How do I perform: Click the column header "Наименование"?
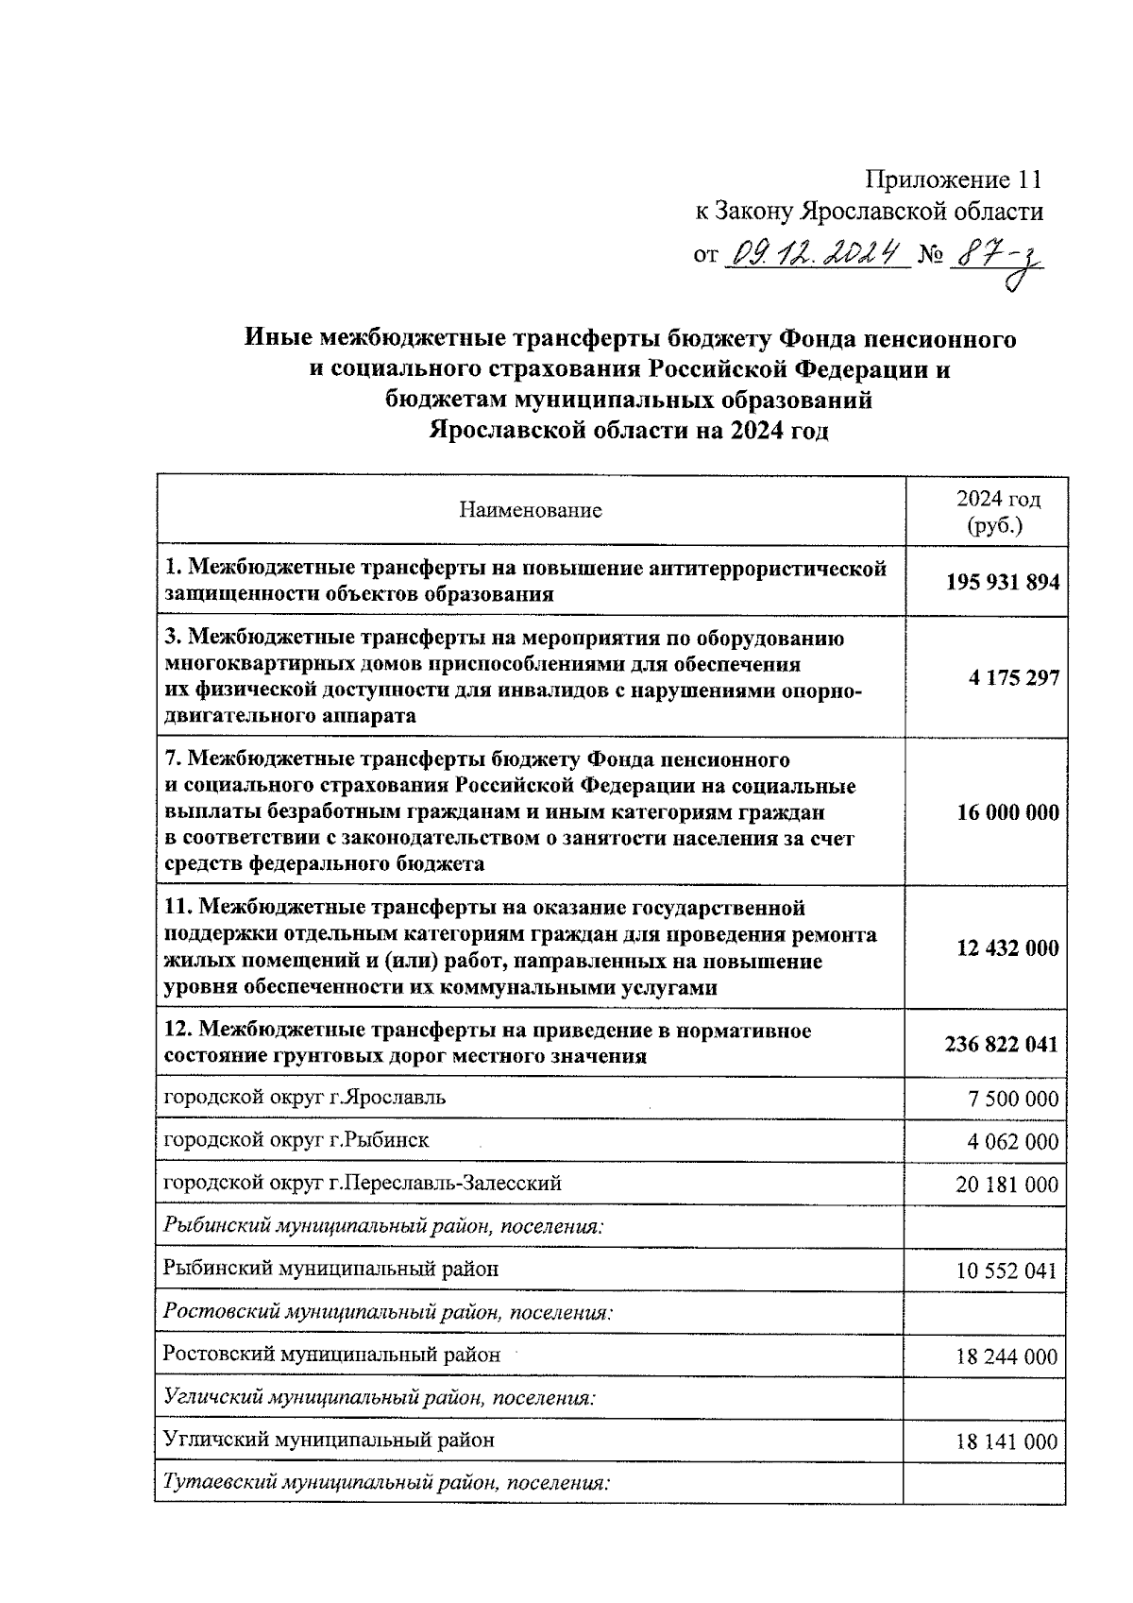pos(530,511)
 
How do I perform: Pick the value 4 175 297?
pos(1013,678)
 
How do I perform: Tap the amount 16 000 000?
pos(1007,812)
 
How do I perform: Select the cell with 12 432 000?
pos(1007,948)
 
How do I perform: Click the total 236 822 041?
pos(1001,1044)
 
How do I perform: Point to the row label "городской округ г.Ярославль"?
pos(305,1098)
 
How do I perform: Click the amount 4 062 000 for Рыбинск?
pos(1012,1141)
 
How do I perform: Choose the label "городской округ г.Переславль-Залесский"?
pos(363,1183)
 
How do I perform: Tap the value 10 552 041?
pos(1006,1270)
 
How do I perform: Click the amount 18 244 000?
pos(1006,1357)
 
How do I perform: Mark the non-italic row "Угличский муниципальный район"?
pos(329,1441)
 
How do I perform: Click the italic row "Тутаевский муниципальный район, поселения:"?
pos(387,1482)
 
